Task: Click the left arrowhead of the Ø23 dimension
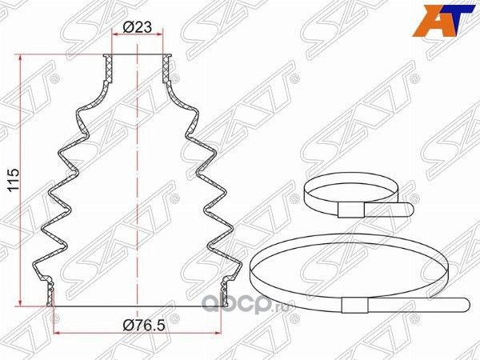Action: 112,37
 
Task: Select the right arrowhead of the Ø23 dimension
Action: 163,37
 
